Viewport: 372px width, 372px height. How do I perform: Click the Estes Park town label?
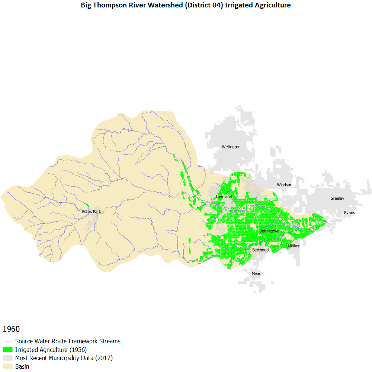(x=92, y=212)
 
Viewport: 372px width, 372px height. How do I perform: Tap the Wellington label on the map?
(x=231, y=147)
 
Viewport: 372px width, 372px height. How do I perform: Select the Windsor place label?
(x=284, y=185)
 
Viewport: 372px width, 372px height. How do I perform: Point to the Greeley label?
(x=337, y=199)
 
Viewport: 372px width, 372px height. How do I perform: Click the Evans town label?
(x=349, y=213)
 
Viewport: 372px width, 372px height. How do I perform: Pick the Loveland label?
(x=224, y=197)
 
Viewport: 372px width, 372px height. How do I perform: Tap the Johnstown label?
(x=270, y=231)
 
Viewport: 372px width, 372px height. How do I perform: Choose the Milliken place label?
(x=294, y=246)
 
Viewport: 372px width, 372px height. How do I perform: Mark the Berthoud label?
(x=260, y=250)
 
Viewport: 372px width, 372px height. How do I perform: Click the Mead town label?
(x=256, y=274)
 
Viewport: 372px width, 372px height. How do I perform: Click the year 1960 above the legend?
(x=11, y=329)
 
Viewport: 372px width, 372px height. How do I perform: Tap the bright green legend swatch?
(x=8, y=350)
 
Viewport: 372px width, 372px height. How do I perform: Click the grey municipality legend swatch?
(x=8, y=358)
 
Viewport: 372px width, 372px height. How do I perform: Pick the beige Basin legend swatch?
(x=8, y=367)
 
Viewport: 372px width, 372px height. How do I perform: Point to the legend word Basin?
(x=22, y=367)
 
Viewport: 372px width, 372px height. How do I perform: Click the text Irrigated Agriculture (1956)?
(x=51, y=350)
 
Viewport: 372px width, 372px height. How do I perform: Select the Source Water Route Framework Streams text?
(x=68, y=341)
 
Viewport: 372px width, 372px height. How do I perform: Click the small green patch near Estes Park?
(x=86, y=204)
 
